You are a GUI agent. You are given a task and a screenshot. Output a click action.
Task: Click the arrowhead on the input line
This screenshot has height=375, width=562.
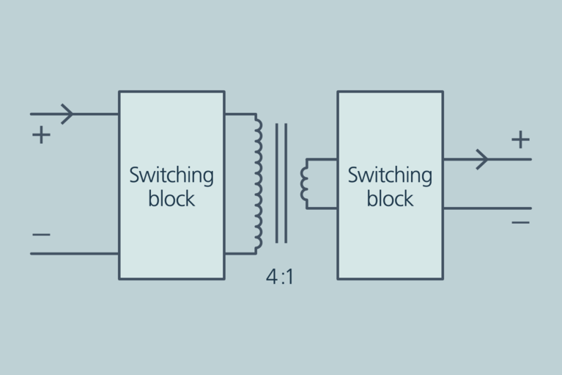(x=68, y=114)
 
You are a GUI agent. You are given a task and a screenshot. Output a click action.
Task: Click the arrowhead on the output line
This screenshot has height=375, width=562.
(x=483, y=159)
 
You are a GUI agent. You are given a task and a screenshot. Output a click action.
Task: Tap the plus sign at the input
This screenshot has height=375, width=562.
(x=41, y=135)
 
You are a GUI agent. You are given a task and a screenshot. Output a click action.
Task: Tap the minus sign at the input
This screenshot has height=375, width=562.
(x=41, y=235)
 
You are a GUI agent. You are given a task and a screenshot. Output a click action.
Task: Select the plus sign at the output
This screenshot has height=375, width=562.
(x=520, y=139)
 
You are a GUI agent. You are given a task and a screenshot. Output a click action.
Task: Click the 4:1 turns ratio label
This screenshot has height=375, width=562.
(x=280, y=277)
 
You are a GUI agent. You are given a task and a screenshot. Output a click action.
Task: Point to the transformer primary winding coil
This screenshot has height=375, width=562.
(x=258, y=183)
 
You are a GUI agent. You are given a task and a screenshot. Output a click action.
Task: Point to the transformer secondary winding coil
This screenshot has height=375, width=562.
(x=304, y=183)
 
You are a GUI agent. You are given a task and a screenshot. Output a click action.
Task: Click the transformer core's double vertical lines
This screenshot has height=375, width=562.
(x=281, y=183)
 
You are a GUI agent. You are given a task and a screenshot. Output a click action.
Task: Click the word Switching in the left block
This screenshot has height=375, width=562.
(x=171, y=176)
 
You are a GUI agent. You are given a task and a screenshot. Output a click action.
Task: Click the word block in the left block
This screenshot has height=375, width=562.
(x=171, y=199)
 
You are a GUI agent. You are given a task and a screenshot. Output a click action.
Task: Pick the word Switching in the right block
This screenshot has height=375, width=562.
(x=390, y=176)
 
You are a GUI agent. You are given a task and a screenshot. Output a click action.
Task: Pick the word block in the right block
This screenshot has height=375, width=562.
(x=390, y=199)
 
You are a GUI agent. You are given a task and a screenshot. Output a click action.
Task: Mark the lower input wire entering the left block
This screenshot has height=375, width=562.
(x=73, y=254)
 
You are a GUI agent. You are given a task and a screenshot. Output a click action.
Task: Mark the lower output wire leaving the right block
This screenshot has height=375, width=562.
(x=487, y=208)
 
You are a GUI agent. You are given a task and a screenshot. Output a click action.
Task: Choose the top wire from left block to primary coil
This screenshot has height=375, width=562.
(x=239, y=114)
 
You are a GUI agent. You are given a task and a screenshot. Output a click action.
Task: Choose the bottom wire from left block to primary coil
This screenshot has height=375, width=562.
(x=239, y=254)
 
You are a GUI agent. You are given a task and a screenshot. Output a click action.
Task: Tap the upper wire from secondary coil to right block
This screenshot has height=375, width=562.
(x=322, y=159)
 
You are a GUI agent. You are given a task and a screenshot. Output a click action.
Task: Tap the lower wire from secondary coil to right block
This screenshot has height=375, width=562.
(x=322, y=208)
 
